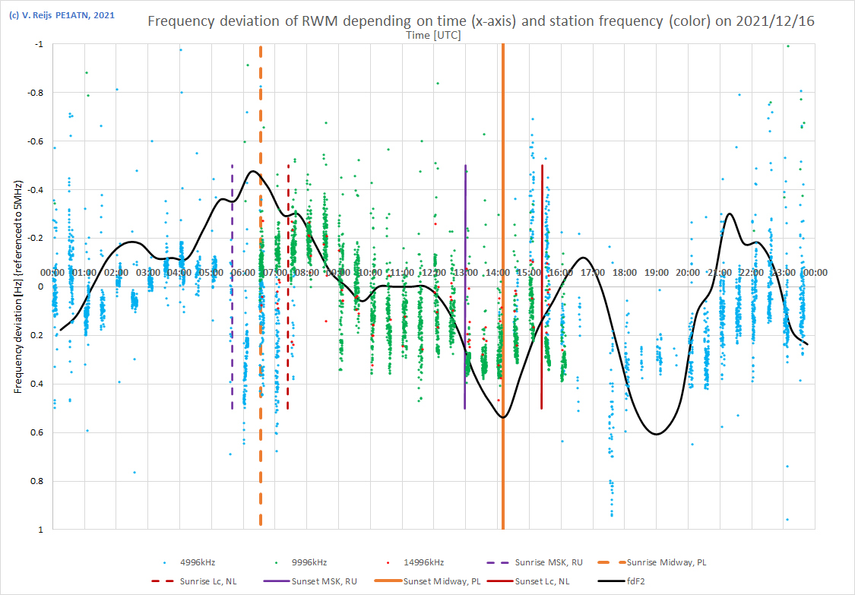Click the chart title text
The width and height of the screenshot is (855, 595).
coord(480,21)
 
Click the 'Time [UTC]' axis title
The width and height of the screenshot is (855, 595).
coord(433,35)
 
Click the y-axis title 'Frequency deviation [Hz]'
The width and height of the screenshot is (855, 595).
coord(17,287)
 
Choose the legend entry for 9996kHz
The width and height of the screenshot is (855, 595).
coord(309,562)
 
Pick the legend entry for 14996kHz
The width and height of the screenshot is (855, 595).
coord(421,562)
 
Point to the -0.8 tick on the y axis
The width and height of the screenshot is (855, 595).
coord(37,93)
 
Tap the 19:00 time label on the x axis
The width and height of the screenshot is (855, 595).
coord(657,272)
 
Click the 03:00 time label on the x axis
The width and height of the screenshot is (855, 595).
coord(148,272)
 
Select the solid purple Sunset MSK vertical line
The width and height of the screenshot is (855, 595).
coord(465,228)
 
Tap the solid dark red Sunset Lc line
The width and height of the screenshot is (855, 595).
coord(542,228)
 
